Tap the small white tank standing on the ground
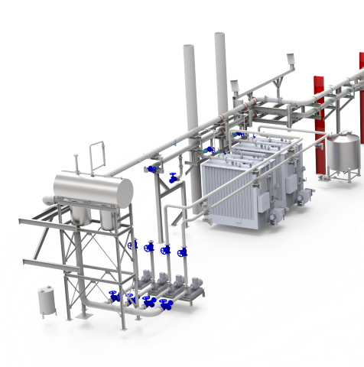[47, 300]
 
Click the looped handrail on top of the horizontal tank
[96, 156]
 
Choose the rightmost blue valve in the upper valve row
[182, 252]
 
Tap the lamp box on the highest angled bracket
[291, 59]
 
